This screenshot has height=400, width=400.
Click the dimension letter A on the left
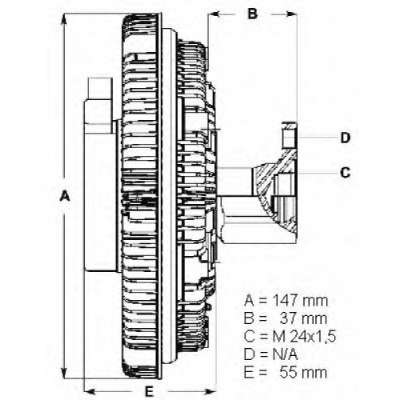click(x=65, y=196)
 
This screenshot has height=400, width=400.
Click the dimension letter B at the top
click(x=253, y=14)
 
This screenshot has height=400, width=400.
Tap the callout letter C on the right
click(x=345, y=173)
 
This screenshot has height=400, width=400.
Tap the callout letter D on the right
click(x=346, y=138)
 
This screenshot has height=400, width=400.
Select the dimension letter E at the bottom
click(x=149, y=391)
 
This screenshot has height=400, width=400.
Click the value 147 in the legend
click(x=286, y=301)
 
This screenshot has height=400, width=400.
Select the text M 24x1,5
click(x=304, y=336)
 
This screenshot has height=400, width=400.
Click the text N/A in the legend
click(x=285, y=354)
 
